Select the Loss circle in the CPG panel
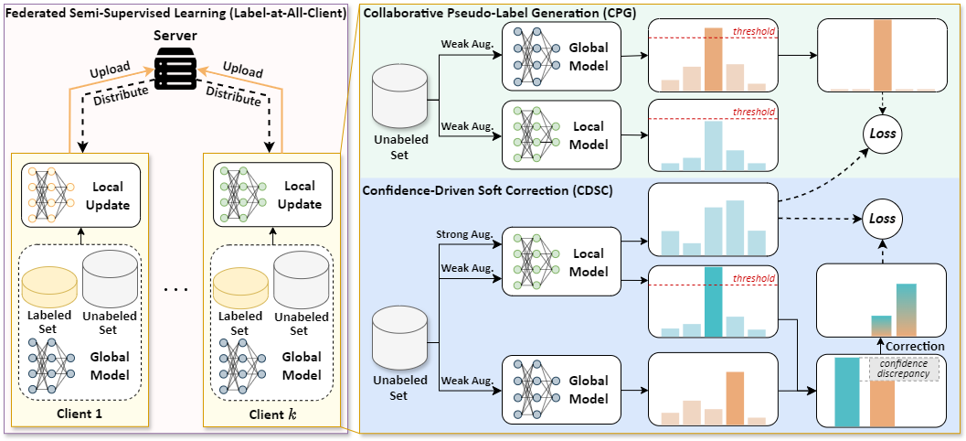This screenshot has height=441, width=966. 882,133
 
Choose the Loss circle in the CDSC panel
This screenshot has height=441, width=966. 882,220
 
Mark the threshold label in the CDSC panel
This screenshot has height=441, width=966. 755,278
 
